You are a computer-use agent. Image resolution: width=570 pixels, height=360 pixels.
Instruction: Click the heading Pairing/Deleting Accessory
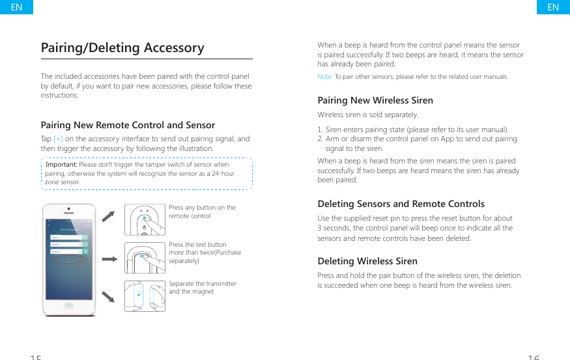pos(122,48)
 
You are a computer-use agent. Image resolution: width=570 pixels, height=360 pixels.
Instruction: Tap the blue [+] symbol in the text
pos(59,139)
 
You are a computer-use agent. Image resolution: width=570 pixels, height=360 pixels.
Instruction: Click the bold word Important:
pos(61,165)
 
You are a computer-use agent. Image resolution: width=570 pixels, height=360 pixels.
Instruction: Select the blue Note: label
pos(325,77)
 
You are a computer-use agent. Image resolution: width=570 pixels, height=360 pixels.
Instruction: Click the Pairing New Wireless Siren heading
pos(375,100)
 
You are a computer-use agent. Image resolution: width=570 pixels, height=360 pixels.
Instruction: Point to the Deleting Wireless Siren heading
pos(367,261)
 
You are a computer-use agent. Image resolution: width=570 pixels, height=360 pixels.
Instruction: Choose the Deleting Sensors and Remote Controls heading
pos(401,204)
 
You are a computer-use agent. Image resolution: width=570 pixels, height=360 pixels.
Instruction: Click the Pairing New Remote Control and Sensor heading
pos(128,125)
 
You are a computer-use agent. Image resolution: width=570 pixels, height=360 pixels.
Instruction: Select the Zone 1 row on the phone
pos(68,238)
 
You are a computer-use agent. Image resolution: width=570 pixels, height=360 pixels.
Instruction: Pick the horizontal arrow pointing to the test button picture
pos(110,259)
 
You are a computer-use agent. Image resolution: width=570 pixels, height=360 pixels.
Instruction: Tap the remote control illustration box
pos(145,221)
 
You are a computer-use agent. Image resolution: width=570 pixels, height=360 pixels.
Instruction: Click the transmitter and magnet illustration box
pos(145,296)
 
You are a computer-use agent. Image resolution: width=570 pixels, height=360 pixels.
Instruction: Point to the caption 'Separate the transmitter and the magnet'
pos(203,288)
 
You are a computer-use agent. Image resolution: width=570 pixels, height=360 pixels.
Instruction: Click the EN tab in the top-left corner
pos(16,7)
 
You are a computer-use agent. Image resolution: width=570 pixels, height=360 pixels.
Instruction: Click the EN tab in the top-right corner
pos(553,7)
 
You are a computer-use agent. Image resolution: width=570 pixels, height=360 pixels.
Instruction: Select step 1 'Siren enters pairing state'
pos(413,130)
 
